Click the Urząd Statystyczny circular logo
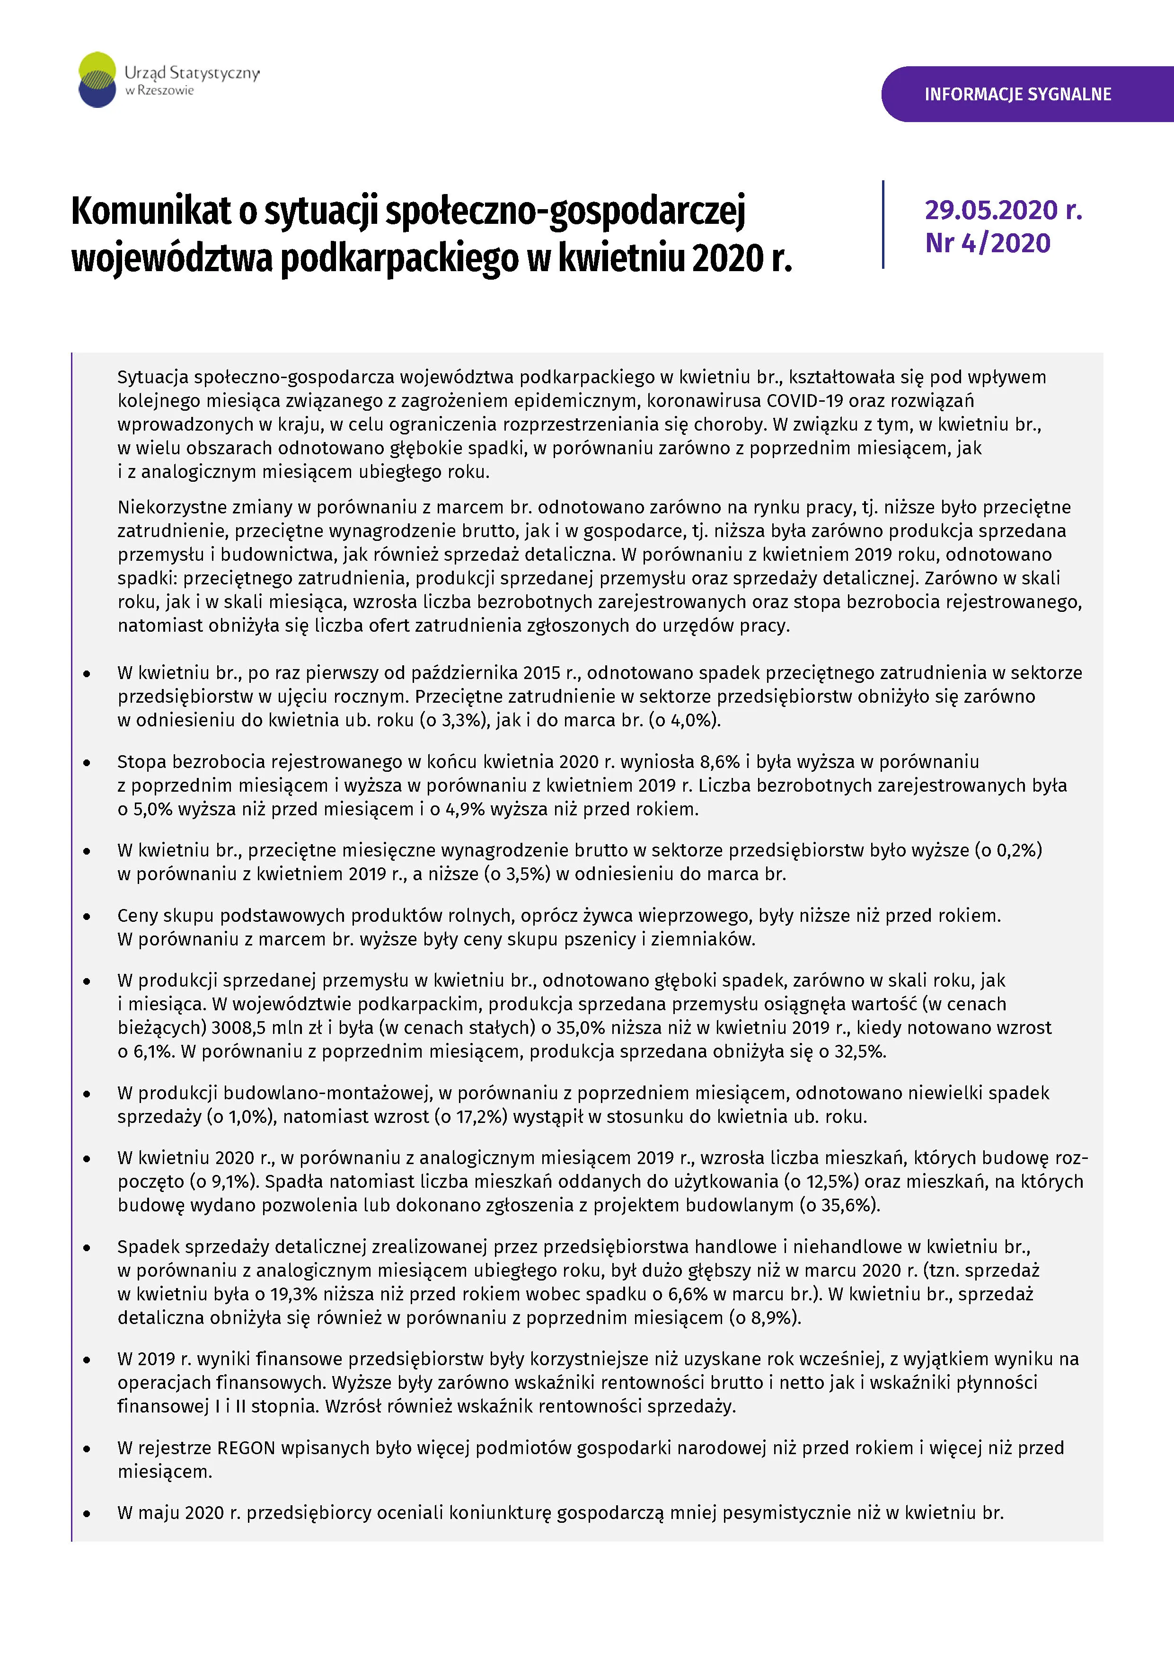[x=97, y=79]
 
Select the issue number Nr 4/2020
[x=988, y=243]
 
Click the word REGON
[x=247, y=1448]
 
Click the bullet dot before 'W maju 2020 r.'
[x=87, y=1513]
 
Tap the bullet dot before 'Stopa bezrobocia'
[x=87, y=762]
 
